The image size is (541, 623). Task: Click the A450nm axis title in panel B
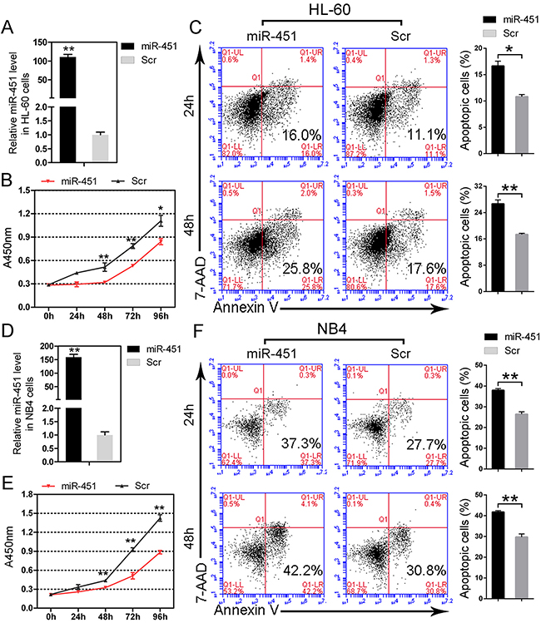point(9,241)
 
